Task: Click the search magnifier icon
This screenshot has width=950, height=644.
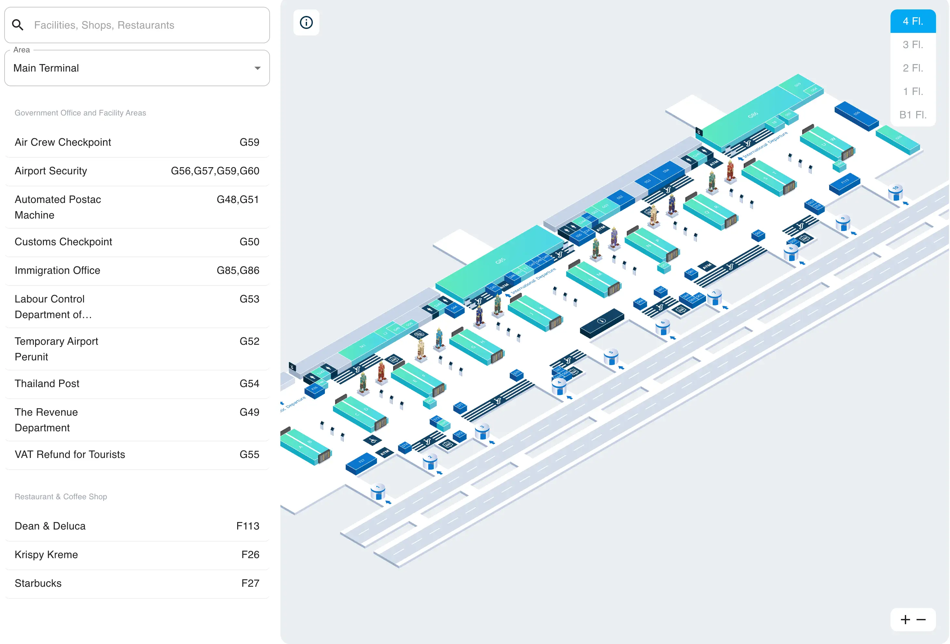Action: coord(18,25)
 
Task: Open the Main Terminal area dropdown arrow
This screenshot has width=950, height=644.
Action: coord(257,68)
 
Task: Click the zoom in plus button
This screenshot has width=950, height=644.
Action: coord(905,620)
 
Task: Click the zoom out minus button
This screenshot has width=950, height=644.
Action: coord(921,620)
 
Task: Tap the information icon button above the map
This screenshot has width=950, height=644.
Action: coord(306,22)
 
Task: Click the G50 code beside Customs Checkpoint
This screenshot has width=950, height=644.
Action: coord(249,242)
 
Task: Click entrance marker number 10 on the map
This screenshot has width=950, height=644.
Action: coord(895,188)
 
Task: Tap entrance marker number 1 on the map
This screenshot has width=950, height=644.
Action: coord(378,488)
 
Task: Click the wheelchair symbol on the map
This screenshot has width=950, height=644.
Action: coord(372,441)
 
